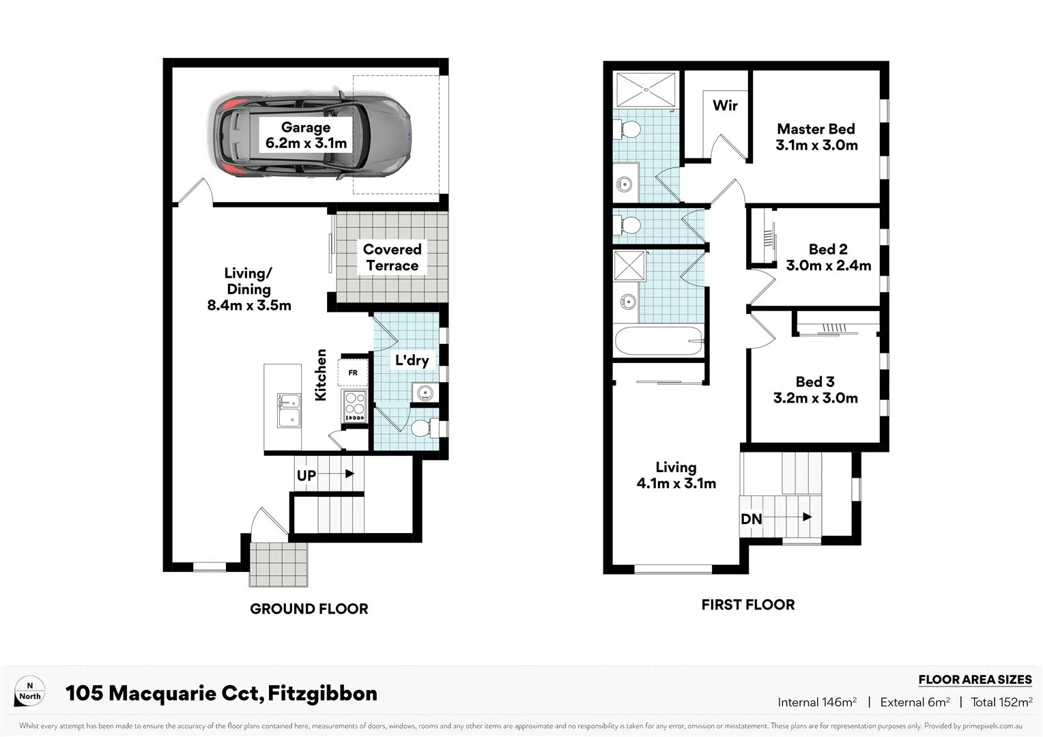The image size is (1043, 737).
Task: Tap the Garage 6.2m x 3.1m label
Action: (306, 135)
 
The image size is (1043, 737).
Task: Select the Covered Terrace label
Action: (392, 257)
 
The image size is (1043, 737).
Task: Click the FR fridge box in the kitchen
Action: (353, 373)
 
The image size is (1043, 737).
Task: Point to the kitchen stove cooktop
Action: (354, 407)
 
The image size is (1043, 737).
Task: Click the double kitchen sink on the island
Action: (289, 409)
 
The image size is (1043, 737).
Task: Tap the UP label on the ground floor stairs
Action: (306, 475)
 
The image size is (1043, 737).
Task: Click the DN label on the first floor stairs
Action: (751, 519)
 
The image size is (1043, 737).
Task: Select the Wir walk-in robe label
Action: (725, 105)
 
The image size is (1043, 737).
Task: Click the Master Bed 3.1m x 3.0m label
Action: (816, 136)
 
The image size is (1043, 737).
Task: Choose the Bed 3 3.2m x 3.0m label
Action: (815, 390)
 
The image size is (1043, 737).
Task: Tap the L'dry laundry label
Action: (412, 360)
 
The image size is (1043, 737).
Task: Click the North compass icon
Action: (30, 691)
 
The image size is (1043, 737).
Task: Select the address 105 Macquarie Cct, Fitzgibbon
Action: (221, 693)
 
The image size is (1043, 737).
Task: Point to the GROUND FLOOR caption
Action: (309, 609)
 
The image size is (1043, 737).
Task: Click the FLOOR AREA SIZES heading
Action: (975, 680)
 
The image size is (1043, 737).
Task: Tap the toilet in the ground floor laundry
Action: (423, 428)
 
